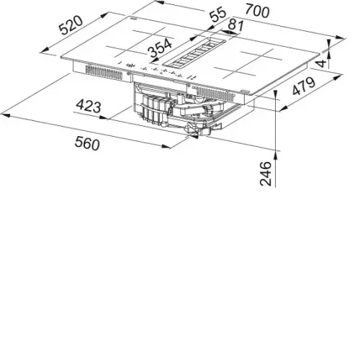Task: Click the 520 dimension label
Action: pyautogui.click(x=71, y=25)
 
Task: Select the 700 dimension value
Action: pyautogui.click(x=257, y=12)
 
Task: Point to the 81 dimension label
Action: pyautogui.click(x=235, y=25)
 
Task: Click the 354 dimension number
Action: pyautogui.click(x=161, y=48)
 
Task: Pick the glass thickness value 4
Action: pyautogui.click(x=322, y=63)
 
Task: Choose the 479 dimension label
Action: pyautogui.click(x=304, y=86)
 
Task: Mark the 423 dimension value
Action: pyautogui.click(x=89, y=107)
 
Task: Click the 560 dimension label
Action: pyautogui.click(x=87, y=143)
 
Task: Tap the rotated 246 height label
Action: pyautogui.click(x=266, y=174)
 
